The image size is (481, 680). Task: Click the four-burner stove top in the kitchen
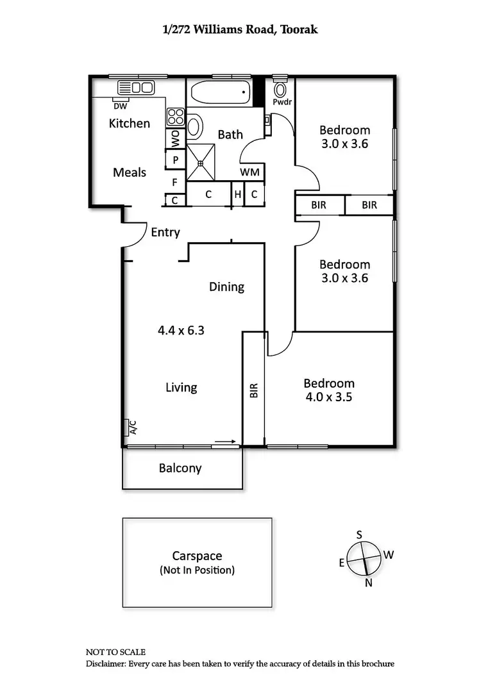coord(176,117)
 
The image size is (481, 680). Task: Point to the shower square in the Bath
coord(200,163)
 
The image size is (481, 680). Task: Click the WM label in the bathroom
coord(250,172)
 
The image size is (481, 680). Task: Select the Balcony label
coord(180,469)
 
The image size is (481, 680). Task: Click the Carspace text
coord(197,556)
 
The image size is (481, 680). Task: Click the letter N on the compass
coord(369,583)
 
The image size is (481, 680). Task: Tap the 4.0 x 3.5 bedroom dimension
coord(329,397)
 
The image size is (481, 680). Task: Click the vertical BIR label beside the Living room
coord(253,392)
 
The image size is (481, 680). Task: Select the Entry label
coord(165,233)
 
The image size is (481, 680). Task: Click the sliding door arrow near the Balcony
coord(224,442)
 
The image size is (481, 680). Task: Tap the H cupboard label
coord(237,194)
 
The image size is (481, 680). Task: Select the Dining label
coord(226,286)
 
